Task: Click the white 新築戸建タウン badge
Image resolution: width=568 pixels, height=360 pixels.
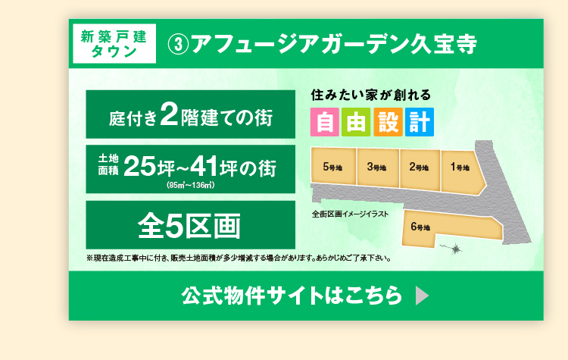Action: [114, 43]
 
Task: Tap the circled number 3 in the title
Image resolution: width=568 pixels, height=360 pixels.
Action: [178, 45]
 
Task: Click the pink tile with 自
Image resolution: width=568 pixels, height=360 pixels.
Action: [325, 122]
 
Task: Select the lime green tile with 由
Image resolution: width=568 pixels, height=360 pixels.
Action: [356, 122]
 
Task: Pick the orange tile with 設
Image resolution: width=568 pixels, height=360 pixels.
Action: [388, 122]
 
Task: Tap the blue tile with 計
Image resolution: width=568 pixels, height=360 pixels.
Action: [420, 122]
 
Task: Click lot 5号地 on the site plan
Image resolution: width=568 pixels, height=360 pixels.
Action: [334, 166]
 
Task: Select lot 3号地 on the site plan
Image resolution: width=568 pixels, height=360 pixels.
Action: [378, 167]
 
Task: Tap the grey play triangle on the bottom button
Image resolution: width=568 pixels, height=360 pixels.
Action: [422, 296]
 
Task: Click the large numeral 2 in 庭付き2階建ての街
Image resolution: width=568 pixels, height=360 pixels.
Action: [169, 114]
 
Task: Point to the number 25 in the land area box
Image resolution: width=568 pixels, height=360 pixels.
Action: [140, 167]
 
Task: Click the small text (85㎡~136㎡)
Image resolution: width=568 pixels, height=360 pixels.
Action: [191, 185]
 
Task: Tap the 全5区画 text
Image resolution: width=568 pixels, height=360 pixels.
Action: [189, 226]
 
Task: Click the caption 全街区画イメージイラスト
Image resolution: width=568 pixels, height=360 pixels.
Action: [350, 214]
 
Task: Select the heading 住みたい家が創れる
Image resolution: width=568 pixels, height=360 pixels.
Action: [371, 95]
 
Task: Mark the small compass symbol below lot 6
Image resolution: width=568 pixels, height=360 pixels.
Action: [454, 249]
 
